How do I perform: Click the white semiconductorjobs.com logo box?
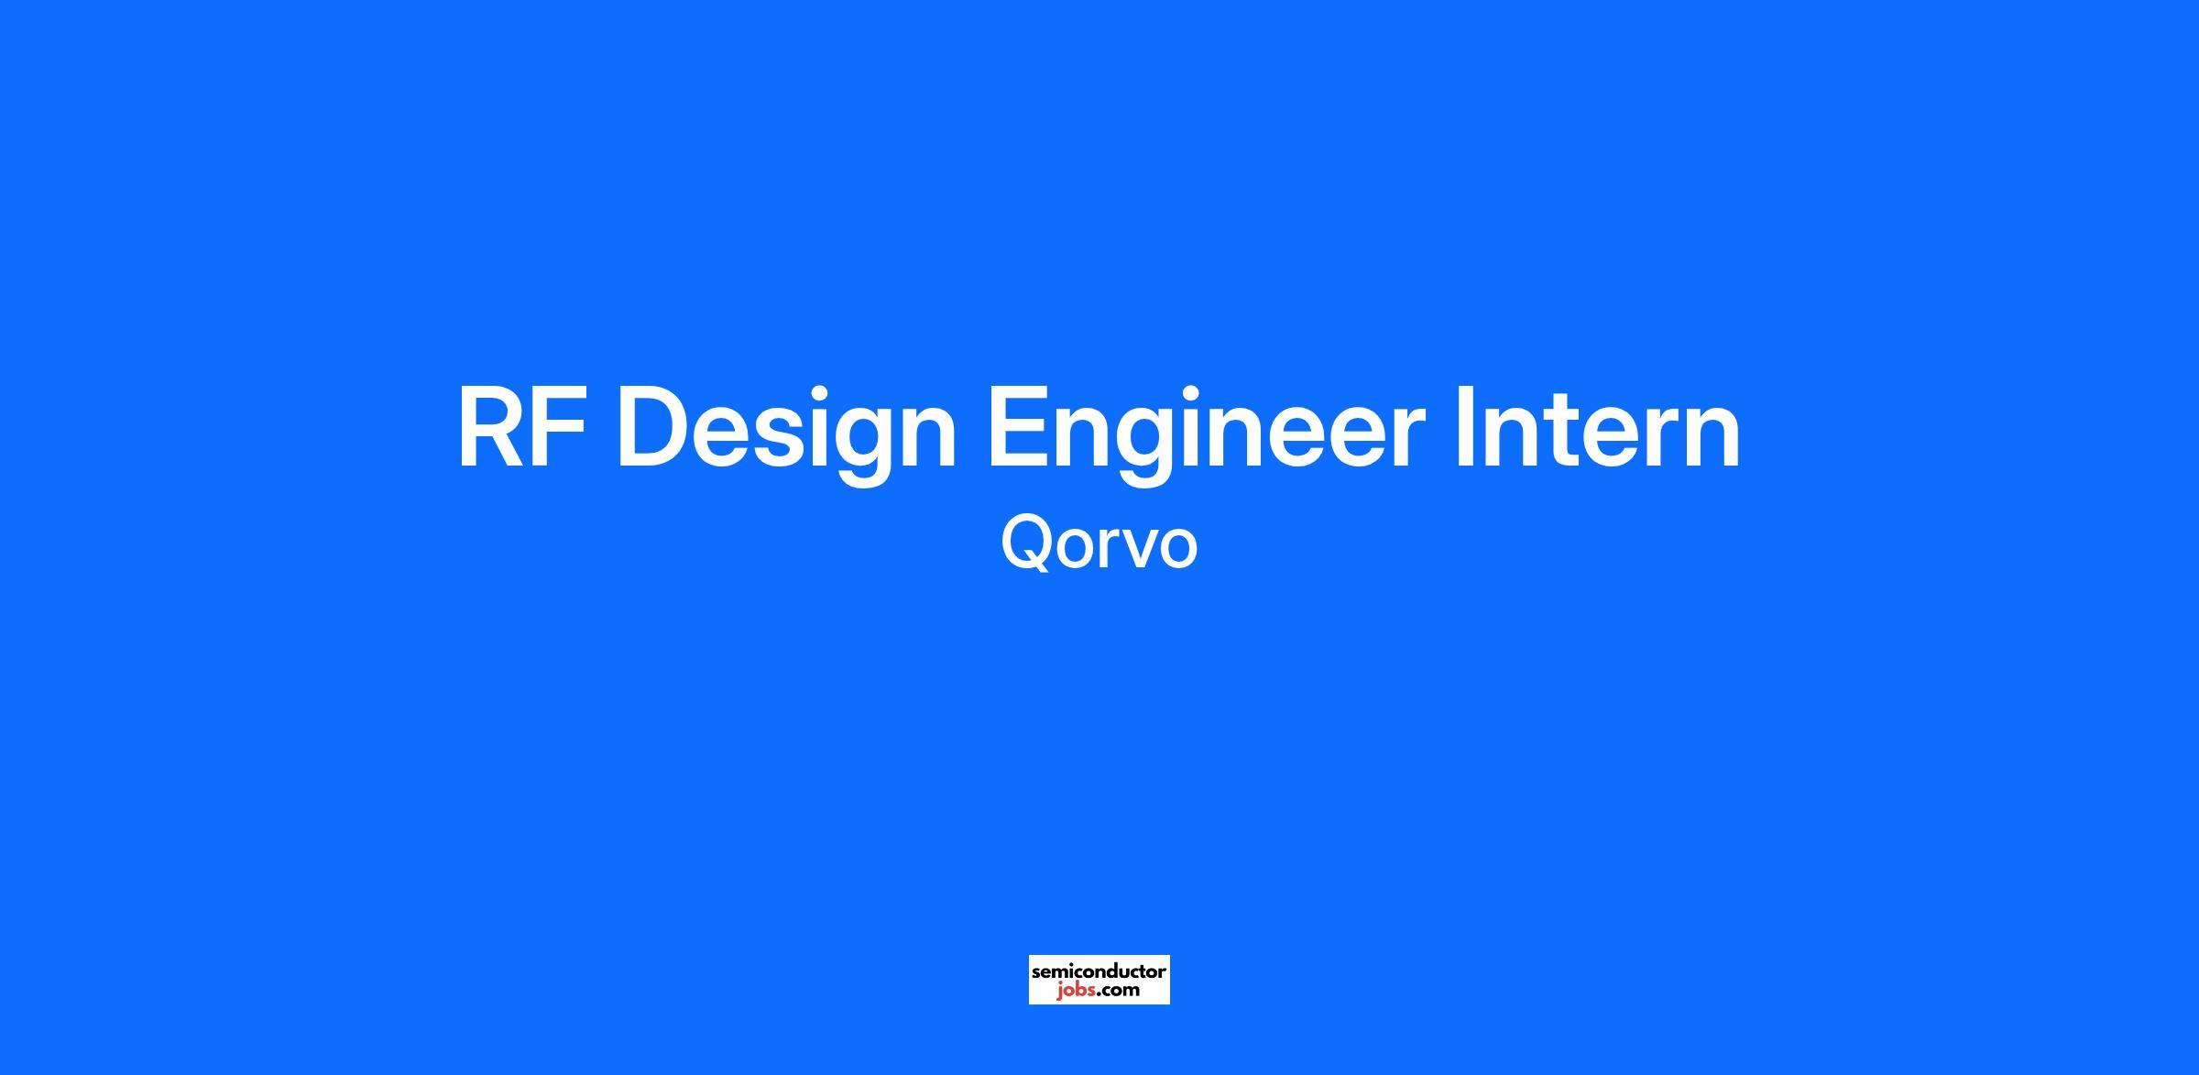pos(1099,980)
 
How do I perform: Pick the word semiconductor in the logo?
pos(1099,971)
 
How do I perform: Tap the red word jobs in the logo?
pos(1075,991)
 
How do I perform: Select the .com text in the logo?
pos(1118,991)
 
